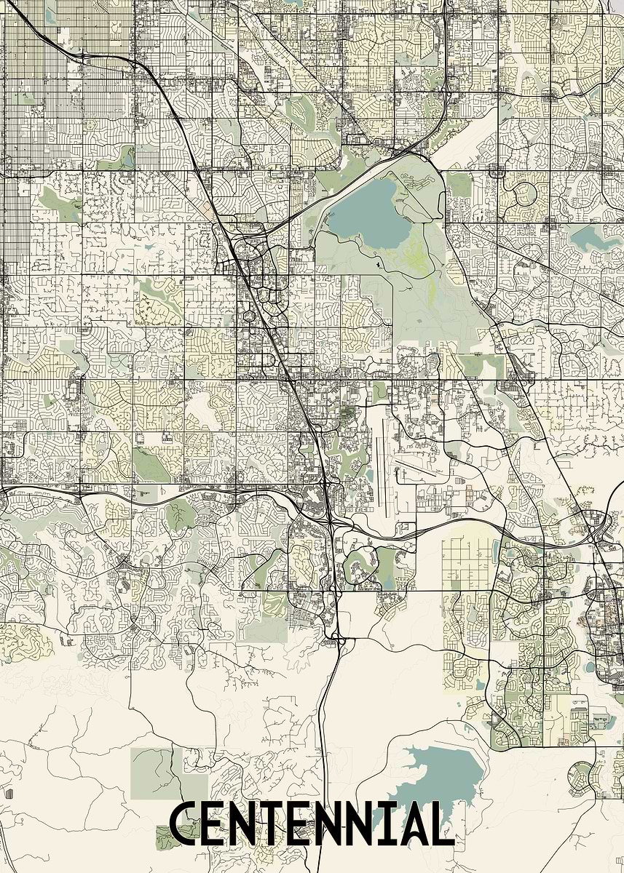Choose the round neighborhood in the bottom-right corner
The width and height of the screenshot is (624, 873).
tap(583, 776)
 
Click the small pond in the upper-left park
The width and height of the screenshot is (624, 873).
tap(129, 155)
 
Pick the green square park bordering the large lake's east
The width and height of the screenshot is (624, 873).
tap(459, 186)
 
